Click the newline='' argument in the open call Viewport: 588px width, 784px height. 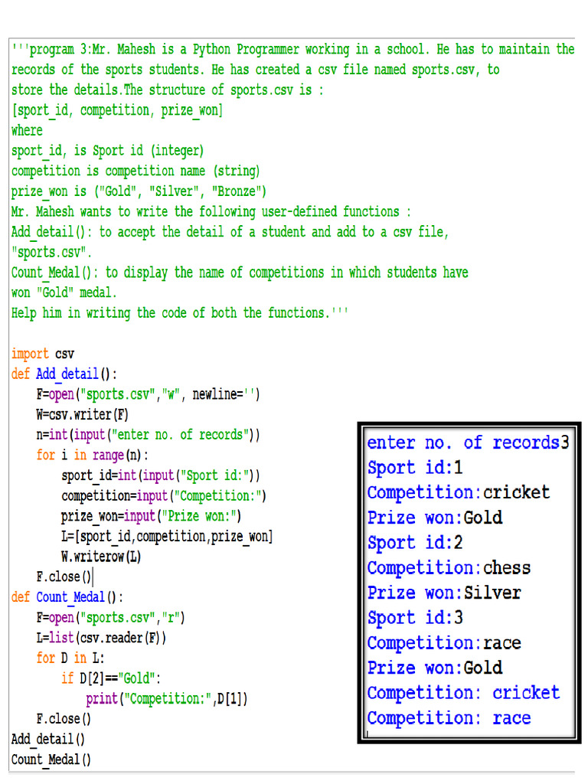pos(226,394)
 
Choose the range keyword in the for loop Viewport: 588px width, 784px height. pos(108,455)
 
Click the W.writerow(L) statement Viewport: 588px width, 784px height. pos(102,557)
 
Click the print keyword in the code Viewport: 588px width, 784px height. pos(102,698)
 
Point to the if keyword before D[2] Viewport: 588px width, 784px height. pos(67,678)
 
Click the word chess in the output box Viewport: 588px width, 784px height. pos(507,568)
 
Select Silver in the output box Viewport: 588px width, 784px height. pos(492,593)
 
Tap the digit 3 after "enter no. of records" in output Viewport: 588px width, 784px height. pos(564,443)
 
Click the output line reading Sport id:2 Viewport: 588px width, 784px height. pos(415,543)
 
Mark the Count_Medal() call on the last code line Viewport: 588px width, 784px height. pos(51,759)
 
